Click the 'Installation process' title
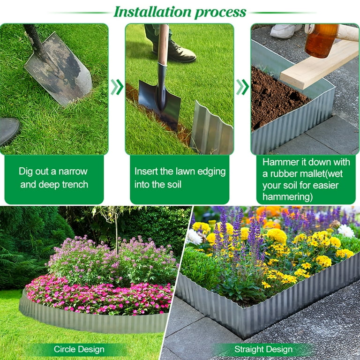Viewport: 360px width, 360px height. coord(180,11)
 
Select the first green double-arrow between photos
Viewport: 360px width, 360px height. coord(117,87)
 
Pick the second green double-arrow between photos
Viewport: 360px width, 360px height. coord(242,87)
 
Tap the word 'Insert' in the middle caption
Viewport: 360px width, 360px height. coord(148,172)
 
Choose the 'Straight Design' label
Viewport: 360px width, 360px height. coord(263,349)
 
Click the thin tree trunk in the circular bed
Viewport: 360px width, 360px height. coord(116,234)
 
